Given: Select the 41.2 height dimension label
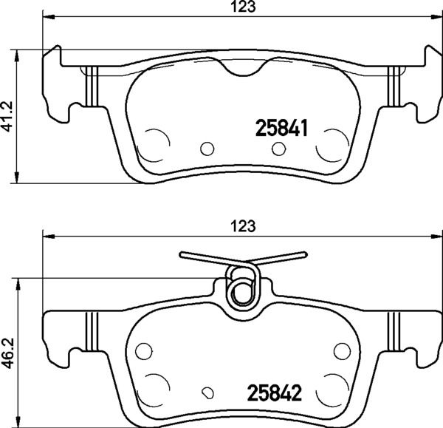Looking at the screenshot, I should coord(8,115).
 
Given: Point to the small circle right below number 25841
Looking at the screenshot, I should coord(278,149).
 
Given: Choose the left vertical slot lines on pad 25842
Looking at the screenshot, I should coord(92,331).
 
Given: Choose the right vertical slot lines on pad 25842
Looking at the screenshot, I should coord(394,331).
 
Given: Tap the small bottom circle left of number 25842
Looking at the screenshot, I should coord(210,393).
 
